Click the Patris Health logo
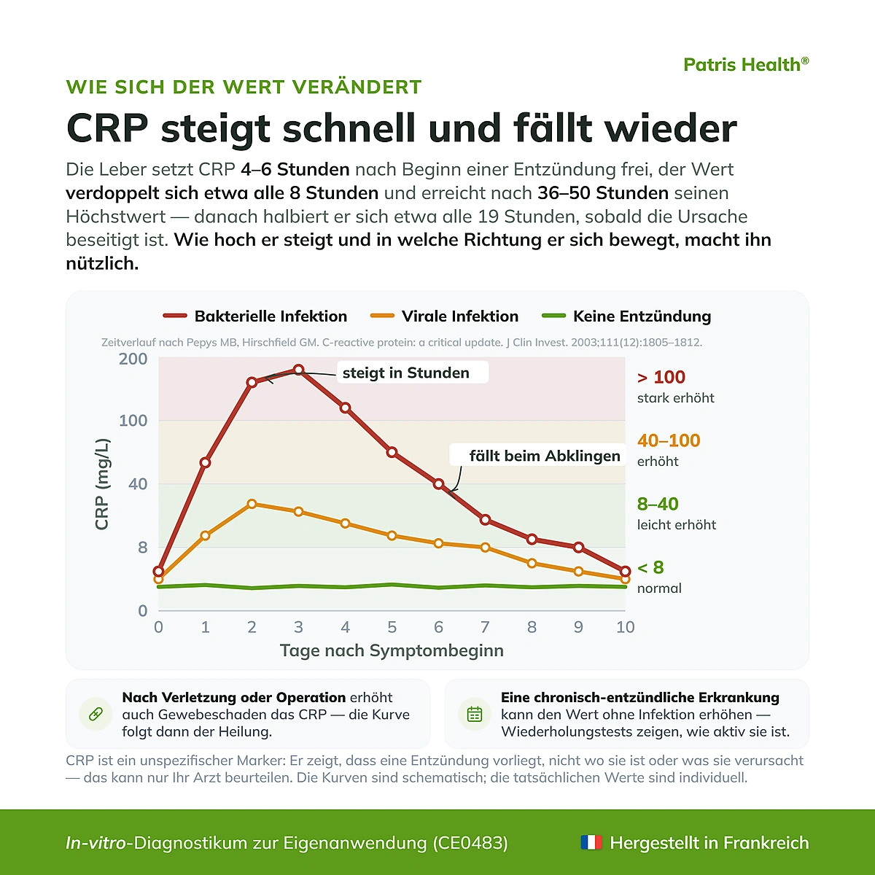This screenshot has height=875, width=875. tap(746, 64)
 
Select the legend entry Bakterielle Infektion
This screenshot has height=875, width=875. tap(255, 316)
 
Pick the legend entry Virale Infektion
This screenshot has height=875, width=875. tap(444, 316)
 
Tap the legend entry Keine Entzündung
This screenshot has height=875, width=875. tap(626, 316)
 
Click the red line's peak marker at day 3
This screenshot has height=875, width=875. tap(298, 370)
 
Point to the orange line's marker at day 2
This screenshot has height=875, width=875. tap(252, 504)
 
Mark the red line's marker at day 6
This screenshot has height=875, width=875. tap(438, 484)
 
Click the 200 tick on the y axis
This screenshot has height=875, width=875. tap(133, 359)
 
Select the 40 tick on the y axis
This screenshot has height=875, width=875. tap(138, 484)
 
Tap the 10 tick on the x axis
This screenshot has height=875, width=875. tap(625, 627)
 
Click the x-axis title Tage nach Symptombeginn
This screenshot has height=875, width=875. tap(392, 650)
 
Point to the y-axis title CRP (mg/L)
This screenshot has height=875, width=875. tap(102, 484)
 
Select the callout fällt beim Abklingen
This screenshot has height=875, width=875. tap(537, 456)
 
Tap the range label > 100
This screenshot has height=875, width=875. tap(661, 377)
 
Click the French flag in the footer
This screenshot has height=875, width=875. tap(591, 842)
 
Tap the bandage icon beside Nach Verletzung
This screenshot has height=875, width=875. tap(96, 715)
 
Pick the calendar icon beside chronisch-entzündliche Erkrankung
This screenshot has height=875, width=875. tap(475, 715)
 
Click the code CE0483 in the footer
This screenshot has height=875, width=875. tap(470, 843)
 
